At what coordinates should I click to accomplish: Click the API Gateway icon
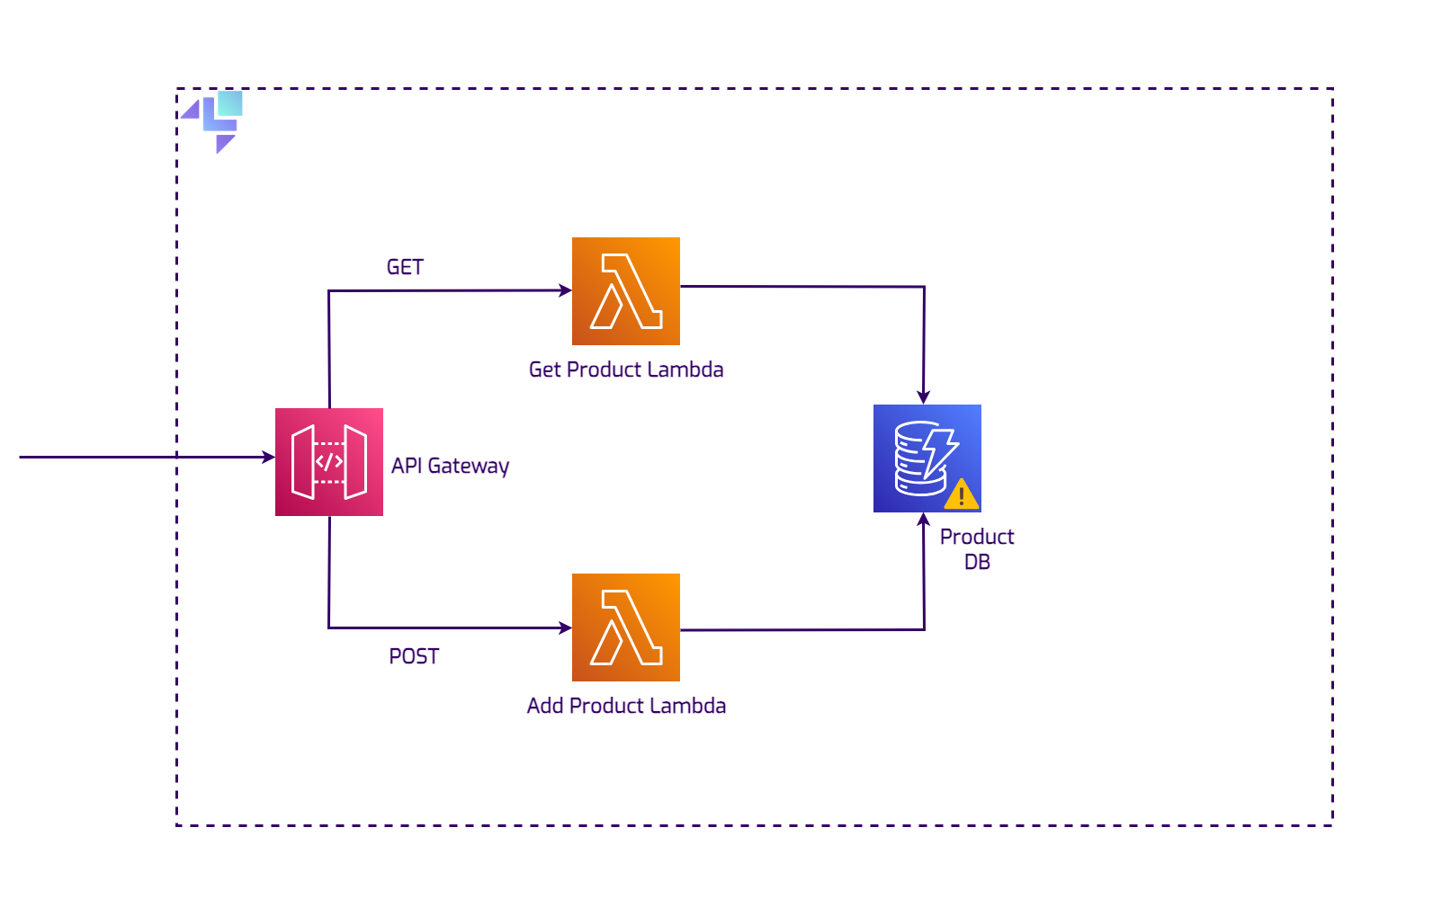(x=329, y=462)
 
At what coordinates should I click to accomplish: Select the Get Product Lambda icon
(x=626, y=291)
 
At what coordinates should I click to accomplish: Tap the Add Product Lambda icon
(x=626, y=628)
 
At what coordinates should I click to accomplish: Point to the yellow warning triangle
(x=961, y=494)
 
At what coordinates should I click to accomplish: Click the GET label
(x=405, y=267)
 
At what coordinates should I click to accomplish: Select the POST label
(x=414, y=656)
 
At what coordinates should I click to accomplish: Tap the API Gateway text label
(x=450, y=466)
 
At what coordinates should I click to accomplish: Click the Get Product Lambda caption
(x=626, y=369)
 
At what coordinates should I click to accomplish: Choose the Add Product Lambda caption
(x=626, y=706)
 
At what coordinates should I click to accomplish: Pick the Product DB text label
(x=977, y=549)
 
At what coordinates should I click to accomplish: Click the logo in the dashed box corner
(x=216, y=120)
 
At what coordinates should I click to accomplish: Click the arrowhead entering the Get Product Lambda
(x=566, y=290)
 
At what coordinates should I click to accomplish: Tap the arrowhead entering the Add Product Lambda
(x=566, y=628)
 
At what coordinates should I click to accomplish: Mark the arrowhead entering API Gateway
(x=269, y=457)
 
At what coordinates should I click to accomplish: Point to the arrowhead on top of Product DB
(x=923, y=397)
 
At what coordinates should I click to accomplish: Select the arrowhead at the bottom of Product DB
(x=923, y=519)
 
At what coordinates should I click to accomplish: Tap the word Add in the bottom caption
(x=545, y=706)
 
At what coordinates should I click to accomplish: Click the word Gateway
(x=468, y=466)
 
